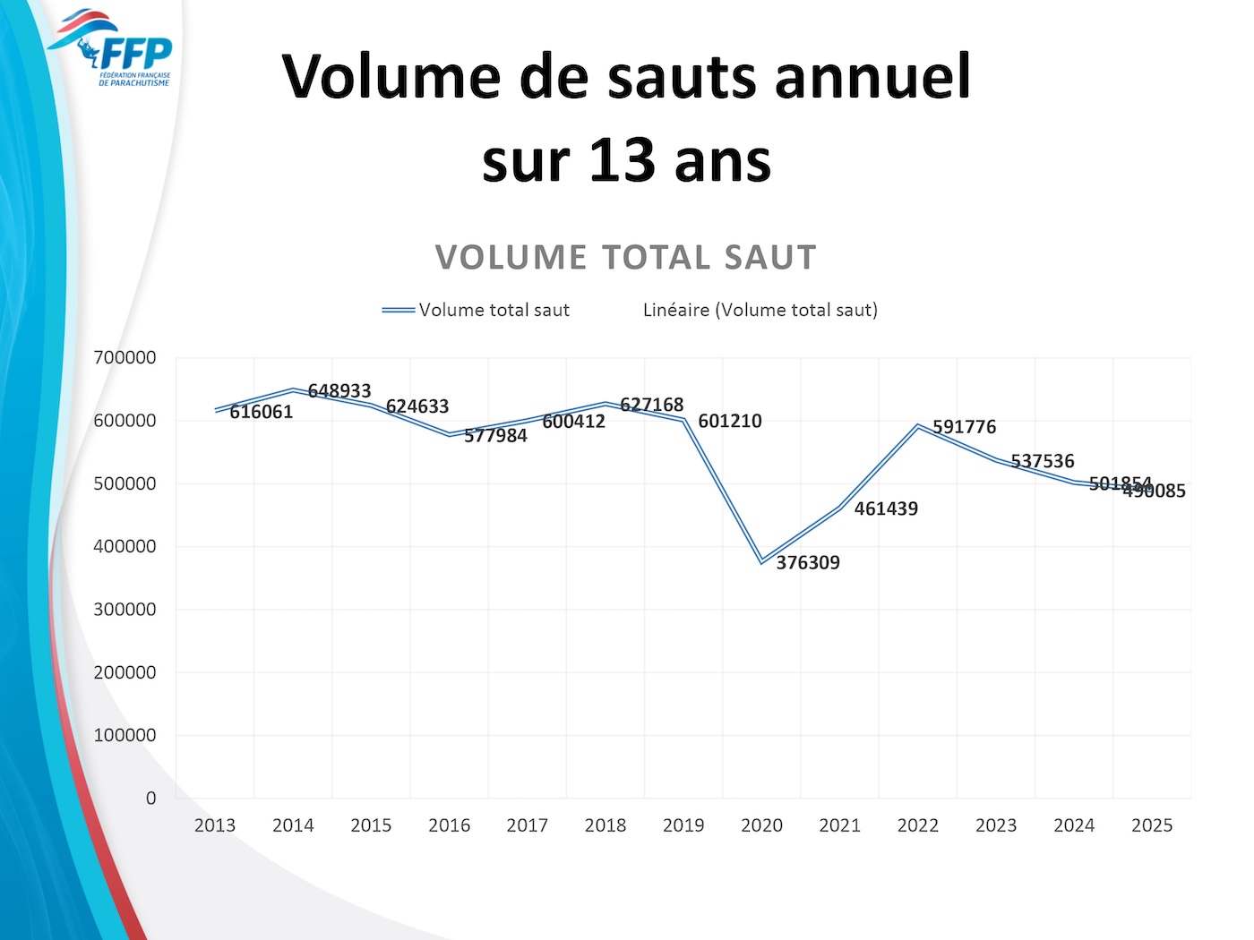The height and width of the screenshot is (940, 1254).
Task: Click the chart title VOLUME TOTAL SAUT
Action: tap(625, 258)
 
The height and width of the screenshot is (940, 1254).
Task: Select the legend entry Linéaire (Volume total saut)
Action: tap(760, 310)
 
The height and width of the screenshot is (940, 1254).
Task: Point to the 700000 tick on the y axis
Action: tap(125, 357)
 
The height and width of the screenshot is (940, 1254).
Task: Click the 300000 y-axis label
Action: tap(125, 609)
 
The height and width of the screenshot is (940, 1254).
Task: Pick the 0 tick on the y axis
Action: tap(150, 798)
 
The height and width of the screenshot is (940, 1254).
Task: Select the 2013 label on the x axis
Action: tap(215, 825)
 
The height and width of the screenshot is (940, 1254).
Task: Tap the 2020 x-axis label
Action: tap(761, 825)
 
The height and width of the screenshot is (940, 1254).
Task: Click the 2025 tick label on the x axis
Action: tap(1152, 825)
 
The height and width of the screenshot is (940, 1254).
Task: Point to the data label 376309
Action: tap(808, 563)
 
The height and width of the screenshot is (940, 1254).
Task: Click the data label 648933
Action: tap(339, 391)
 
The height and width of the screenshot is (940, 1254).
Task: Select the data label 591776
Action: tap(964, 427)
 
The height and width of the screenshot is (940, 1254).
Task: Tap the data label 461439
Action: tap(886, 508)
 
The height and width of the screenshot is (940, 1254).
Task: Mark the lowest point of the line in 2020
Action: tap(761, 561)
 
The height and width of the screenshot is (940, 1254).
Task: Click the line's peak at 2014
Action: tap(293, 389)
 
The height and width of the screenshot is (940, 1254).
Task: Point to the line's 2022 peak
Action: tap(918, 425)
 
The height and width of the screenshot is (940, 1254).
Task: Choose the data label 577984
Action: tap(495, 436)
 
